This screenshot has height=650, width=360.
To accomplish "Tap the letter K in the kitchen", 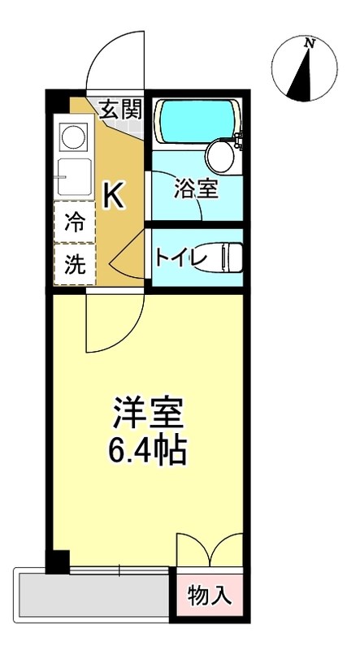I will coord(113,195).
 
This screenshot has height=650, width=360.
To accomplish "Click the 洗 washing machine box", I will coord(75,266).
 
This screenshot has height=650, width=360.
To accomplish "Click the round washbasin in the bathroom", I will coord(219,154).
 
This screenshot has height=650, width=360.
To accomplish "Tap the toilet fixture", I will coord(223,258).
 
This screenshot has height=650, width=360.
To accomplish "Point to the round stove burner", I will coord(74,136).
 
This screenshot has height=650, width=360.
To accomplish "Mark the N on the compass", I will coord(309,44).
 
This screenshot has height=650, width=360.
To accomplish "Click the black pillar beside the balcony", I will coord(57,561).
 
